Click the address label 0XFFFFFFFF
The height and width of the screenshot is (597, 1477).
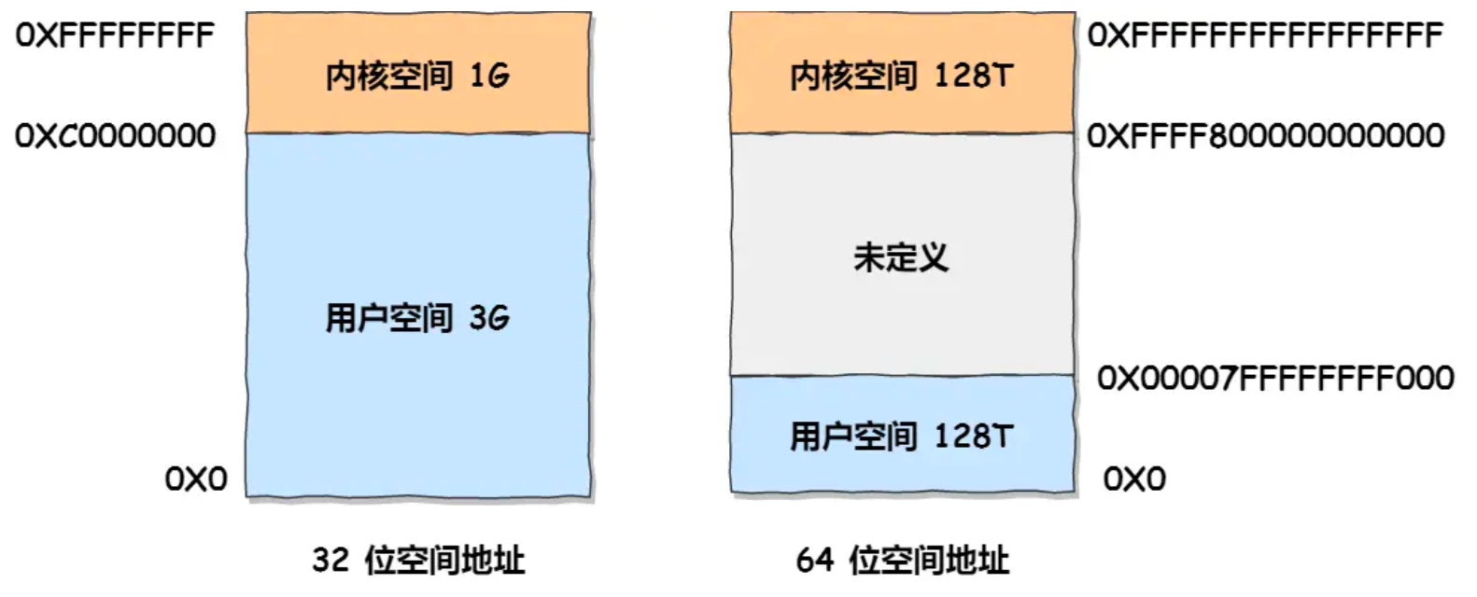(x=115, y=36)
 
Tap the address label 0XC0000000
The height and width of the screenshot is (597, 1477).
(x=115, y=136)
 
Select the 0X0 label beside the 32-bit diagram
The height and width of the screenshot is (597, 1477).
(x=196, y=479)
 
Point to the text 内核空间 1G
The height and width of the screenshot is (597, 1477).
(x=417, y=76)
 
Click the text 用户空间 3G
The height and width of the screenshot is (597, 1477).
(x=417, y=318)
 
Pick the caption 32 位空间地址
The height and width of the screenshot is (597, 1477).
(x=418, y=560)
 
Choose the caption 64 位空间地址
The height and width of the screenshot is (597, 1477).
(x=903, y=560)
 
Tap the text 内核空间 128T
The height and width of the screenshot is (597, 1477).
(x=901, y=76)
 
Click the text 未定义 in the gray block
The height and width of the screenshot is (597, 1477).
(x=901, y=257)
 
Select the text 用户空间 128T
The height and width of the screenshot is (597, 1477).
(x=901, y=436)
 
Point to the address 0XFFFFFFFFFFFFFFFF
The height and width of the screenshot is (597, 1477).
(x=1265, y=36)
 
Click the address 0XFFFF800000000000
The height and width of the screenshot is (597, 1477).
(x=1265, y=136)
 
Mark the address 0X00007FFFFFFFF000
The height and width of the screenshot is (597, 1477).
(x=1275, y=378)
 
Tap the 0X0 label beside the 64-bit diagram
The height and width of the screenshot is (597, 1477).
(x=1134, y=479)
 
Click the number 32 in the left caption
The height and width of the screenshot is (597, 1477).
(x=331, y=560)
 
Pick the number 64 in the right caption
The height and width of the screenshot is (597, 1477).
(x=814, y=560)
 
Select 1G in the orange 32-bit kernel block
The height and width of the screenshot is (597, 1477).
(x=489, y=76)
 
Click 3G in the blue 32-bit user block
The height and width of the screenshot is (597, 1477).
(x=489, y=318)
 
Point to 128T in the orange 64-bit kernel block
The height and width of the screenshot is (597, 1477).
(x=973, y=76)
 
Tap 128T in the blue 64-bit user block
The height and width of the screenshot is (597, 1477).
(x=973, y=436)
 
